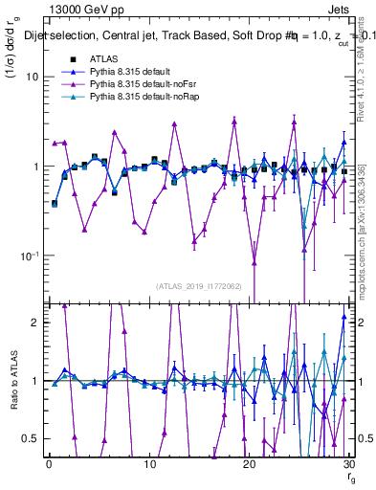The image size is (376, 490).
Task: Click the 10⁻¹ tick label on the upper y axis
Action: [x=26, y=256]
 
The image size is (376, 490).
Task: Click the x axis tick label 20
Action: [x=249, y=464]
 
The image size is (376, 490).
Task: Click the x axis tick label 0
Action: [x=50, y=464]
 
